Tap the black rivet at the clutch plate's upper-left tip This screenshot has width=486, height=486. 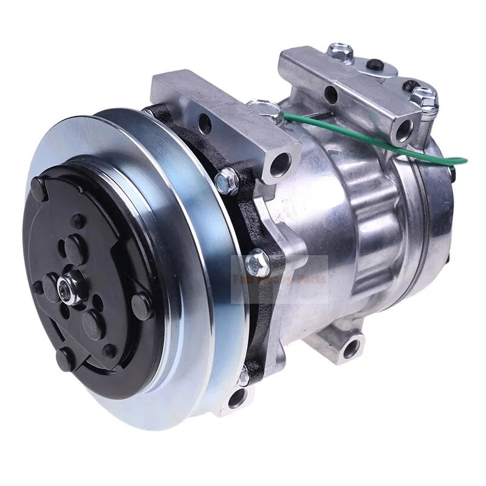click(38, 187)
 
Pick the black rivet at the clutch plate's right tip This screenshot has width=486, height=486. click(142, 301)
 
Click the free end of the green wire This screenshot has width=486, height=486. click(465, 162)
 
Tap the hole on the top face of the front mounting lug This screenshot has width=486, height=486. click(205, 126)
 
